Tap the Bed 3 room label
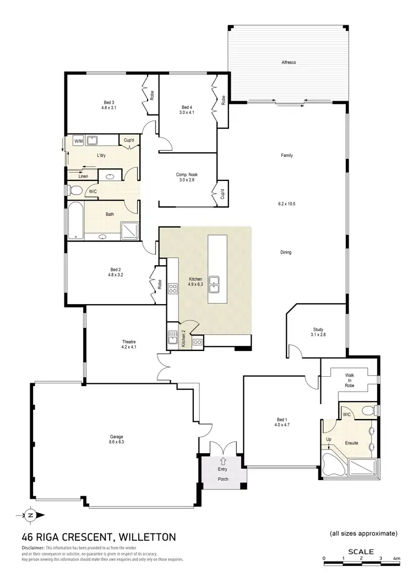(x=108, y=102)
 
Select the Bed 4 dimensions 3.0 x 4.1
(x=187, y=112)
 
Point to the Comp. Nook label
(x=187, y=174)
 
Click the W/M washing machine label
(x=78, y=141)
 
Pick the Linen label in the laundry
(x=83, y=176)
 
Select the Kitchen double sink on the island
(x=218, y=284)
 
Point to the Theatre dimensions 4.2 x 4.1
(x=129, y=347)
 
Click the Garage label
(x=116, y=438)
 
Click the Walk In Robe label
(x=350, y=381)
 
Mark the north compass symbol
(x=30, y=515)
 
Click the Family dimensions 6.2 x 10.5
(x=286, y=204)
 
